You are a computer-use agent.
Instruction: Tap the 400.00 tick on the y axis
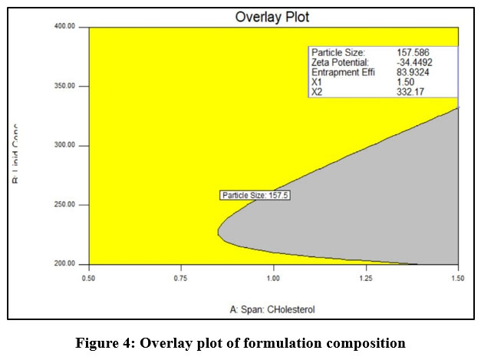pos(64,26)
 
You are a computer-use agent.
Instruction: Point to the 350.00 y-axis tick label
pos(64,86)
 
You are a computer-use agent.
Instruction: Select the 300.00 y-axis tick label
pos(64,145)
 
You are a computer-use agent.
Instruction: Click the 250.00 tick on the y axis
pos(64,205)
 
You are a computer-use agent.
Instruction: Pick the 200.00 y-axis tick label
pos(64,264)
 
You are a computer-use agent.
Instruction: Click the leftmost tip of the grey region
pos(219,230)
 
